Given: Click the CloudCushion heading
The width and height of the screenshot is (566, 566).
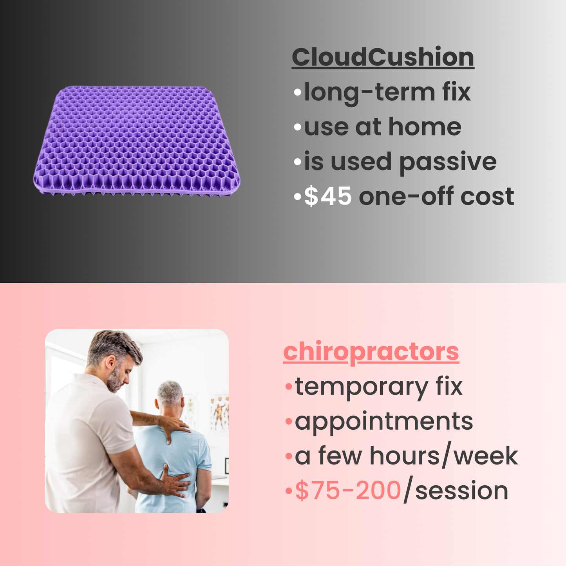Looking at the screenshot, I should tap(383, 57).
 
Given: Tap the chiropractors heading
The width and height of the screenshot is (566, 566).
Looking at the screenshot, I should tap(371, 351).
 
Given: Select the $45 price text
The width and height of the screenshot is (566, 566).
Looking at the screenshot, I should tap(328, 196).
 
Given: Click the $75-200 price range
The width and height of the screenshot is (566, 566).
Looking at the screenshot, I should tap(348, 490).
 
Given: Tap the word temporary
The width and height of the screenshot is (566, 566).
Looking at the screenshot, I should tap(362, 387).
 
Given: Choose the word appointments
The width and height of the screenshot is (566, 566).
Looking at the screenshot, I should tap(384, 421).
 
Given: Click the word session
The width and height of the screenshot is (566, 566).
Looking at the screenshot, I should tap(461, 491).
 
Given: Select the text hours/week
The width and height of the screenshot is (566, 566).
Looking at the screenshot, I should tap(443, 456).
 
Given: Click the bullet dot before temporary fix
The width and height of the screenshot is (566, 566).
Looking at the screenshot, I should tap(289, 387).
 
